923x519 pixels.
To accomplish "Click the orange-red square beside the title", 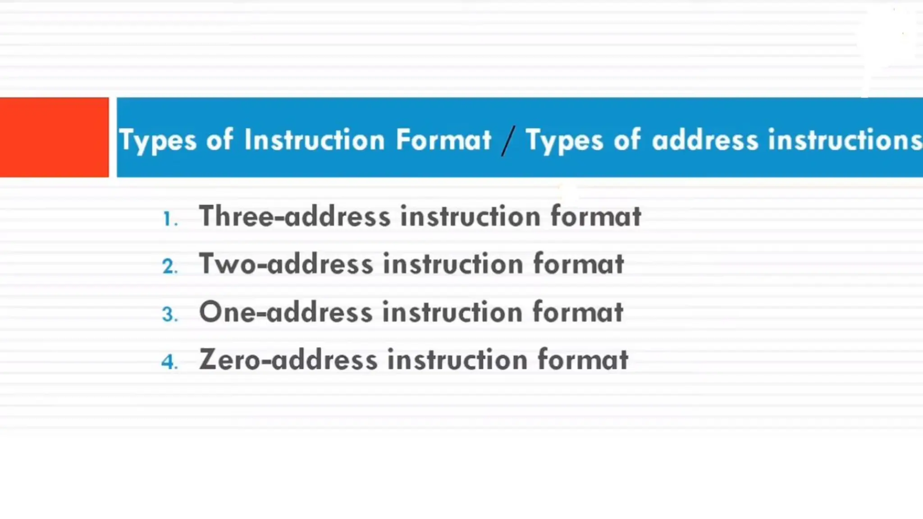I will point(54,137).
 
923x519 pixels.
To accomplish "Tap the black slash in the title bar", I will point(508,141).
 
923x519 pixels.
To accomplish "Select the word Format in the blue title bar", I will point(443,140).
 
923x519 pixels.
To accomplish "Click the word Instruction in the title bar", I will point(314,140).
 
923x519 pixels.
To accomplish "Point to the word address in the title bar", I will point(705,140).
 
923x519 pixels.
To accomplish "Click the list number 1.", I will point(169,219).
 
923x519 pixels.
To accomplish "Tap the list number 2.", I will point(169,266).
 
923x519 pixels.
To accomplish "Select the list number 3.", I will point(169,314).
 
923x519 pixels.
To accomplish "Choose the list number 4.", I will point(169,362).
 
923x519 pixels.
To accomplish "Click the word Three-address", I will point(295,216).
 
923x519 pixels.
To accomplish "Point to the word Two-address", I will point(286,264).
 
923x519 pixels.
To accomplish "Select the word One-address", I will point(286,312).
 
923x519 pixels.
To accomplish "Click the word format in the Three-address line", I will point(596,216).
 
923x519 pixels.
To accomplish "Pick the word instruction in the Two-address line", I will point(453,264).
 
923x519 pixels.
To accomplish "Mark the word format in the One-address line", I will point(578,312).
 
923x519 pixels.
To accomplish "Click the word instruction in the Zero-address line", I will point(457,360).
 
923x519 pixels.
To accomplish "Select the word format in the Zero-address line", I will point(583,360).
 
